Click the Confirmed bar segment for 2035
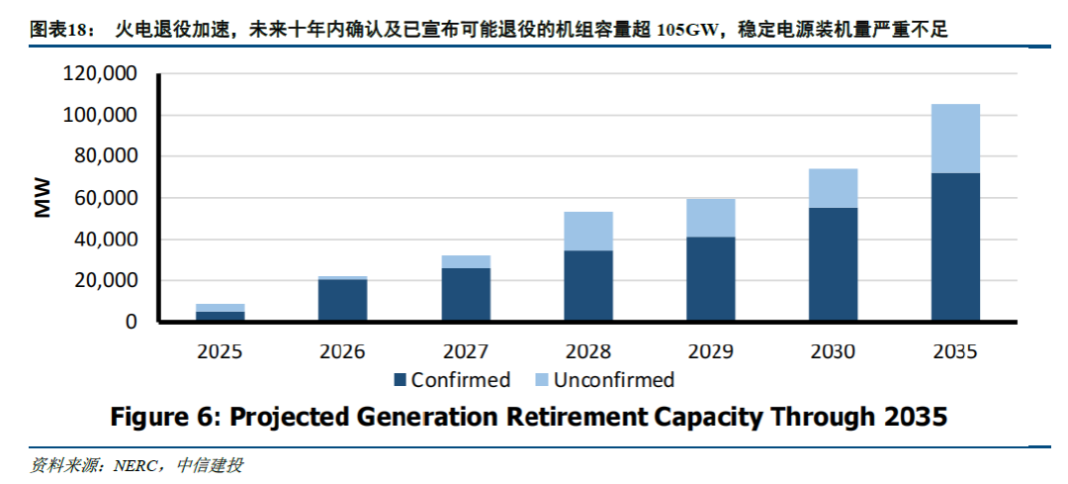click(955, 246)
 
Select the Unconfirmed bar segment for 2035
click(955, 139)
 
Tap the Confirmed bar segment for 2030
click(833, 264)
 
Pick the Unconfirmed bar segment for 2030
click(833, 188)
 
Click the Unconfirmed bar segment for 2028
click(588, 231)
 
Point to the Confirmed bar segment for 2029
click(710, 279)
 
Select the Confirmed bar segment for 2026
click(343, 300)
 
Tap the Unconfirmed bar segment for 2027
click(466, 261)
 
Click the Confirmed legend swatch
click(400, 380)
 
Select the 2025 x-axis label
click(221, 351)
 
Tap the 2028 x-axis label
click(588, 351)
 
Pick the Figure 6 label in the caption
click(163, 417)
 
